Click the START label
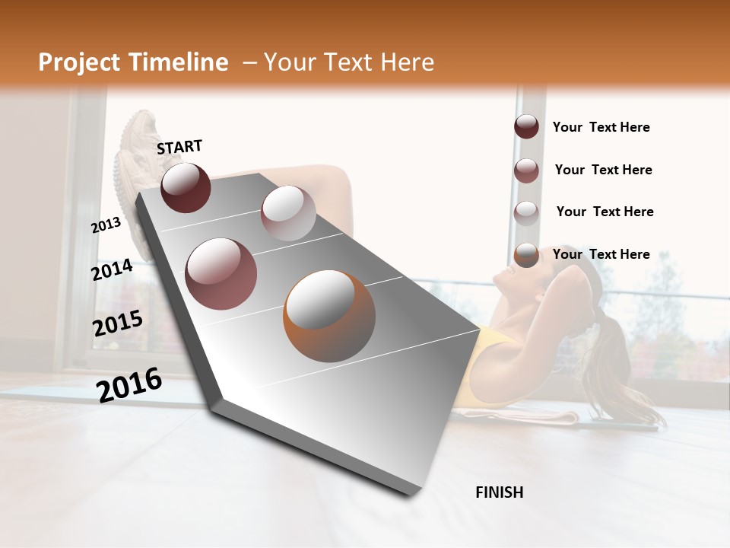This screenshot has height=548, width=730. click(x=179, y=147)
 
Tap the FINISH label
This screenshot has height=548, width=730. click(x=499, y=492)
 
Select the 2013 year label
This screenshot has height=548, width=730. click(x=106, y=225)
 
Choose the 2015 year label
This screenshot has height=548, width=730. click(x=118, y=323)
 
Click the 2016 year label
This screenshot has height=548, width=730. click(x=129, y=384)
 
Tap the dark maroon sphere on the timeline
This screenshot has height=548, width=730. click(x=186, y=187)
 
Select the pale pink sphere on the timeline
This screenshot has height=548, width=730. click(x=288, y=212)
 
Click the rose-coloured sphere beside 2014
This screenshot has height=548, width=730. click(x=221, y=274)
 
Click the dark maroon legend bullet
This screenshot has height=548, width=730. click(x=526, y=127)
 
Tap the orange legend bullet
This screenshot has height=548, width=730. click(x=526, y=255)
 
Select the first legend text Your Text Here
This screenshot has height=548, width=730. click(x=601, y=128)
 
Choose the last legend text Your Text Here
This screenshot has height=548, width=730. click(x=601, y=254)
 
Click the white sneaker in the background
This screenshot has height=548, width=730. click(x=137, y=152)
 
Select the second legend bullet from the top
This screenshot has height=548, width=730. click(x=526, y=170)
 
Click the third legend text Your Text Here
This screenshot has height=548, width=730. click(x=605, y=212)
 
